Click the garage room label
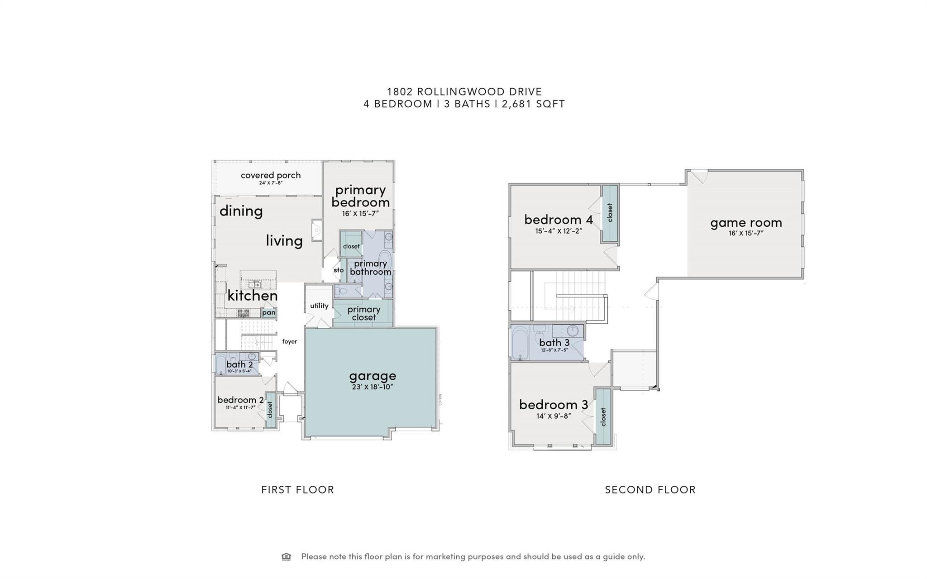373,376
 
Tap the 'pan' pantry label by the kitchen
268,312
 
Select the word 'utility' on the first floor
319,306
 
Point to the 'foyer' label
290,341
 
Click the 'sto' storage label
339,270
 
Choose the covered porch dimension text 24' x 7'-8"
271,183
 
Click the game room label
746,223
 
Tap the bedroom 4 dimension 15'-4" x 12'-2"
559,231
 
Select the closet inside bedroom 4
610,213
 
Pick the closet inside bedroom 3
603,416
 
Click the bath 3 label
554,343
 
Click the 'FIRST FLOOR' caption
297,490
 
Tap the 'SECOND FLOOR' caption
650,490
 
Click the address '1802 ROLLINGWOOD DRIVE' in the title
464,92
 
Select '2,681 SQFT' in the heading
533,104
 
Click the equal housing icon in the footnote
286,557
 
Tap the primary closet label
364,313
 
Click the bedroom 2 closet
270,410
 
